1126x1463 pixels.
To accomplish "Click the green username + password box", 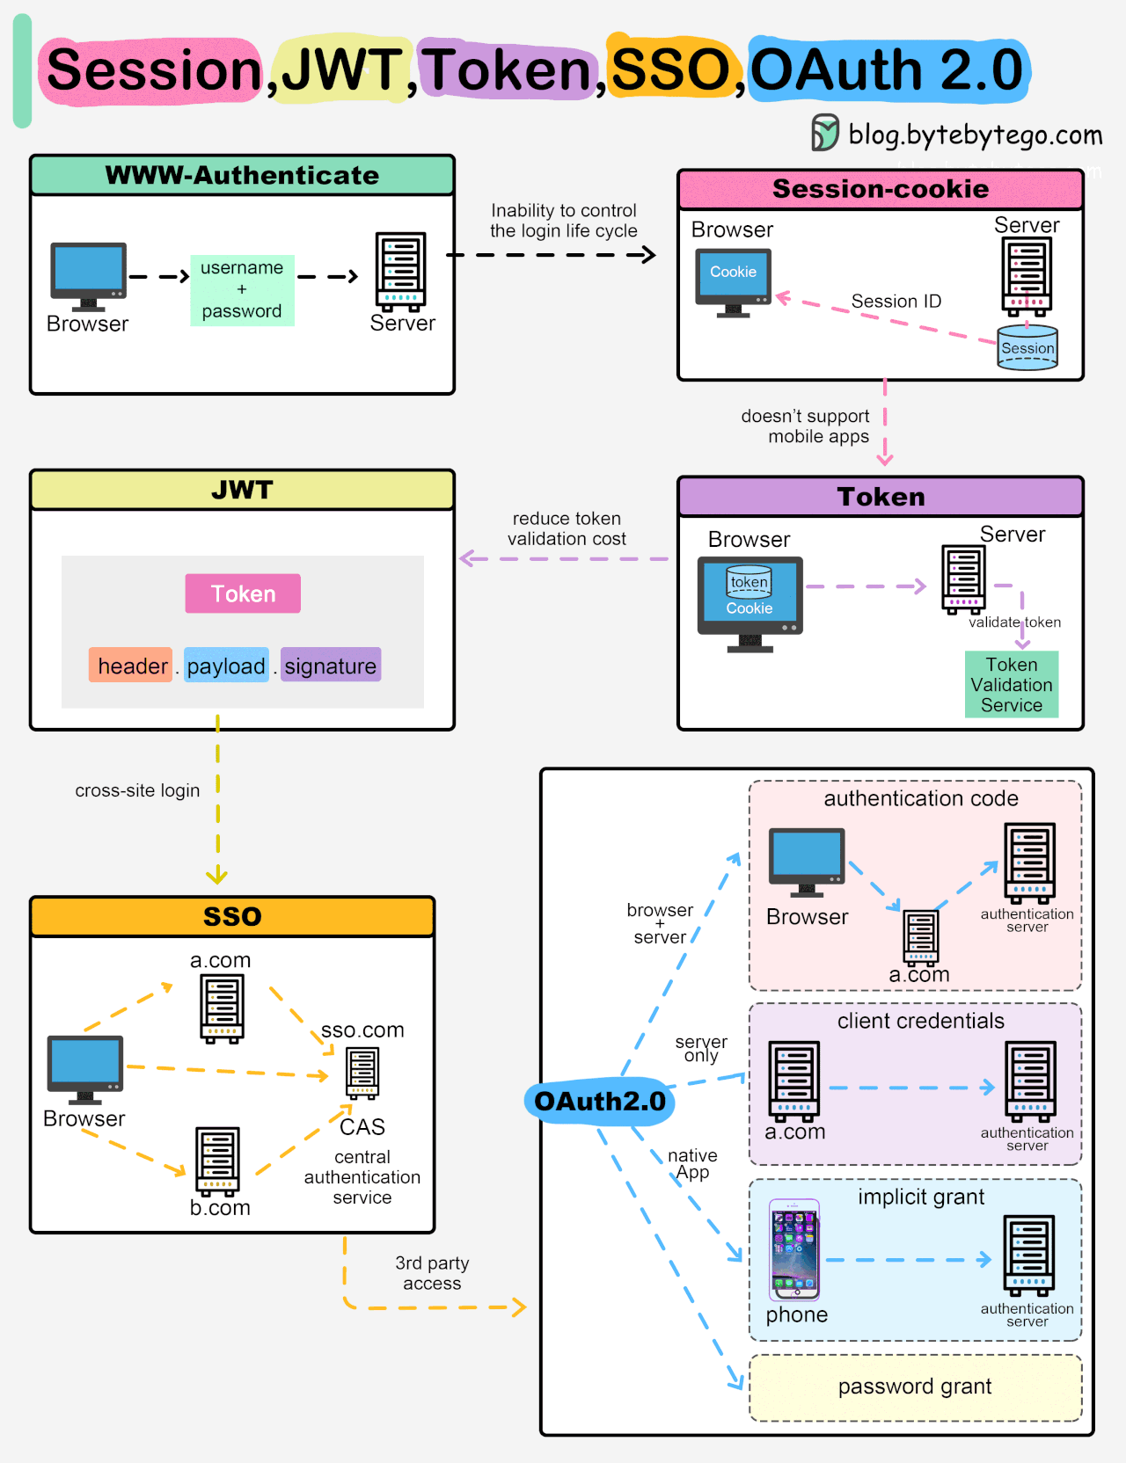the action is tap(242, 290).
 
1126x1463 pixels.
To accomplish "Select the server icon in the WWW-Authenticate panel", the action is tap(400, 272).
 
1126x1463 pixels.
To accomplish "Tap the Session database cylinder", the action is tap(1027, 347).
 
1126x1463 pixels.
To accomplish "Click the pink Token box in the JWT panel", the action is tap(243, 593).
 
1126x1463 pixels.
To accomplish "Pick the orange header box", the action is tap(130, 666).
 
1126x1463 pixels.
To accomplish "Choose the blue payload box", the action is tap(226, 666).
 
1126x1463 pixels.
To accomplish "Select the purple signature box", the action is tap(331, 666).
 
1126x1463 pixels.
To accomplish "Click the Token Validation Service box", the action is tap(1012, 685).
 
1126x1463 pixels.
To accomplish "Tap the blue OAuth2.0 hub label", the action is tap(600, 1101).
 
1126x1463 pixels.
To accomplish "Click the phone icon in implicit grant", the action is tap(794, 1249).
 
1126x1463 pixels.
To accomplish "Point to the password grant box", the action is tap(915, 1387).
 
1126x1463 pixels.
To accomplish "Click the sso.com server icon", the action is tap(362, 1074).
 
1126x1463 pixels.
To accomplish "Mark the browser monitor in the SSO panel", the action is tap(85, 1069).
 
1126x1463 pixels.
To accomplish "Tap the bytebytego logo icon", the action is tap(825, 133).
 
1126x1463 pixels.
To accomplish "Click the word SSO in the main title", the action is tap(670, 69).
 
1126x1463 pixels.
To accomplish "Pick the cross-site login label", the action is tap(137, 790).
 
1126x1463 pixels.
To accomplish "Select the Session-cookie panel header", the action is tap(881, 189).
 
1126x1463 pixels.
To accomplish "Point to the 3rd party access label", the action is tap(432, 1273).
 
